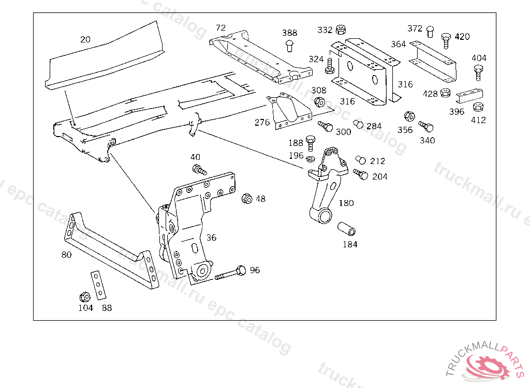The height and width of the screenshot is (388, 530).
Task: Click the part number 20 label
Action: pos(85,39)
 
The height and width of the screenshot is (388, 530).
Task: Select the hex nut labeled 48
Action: pos(247,198)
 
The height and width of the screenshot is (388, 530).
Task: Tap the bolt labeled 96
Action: pos(230,273)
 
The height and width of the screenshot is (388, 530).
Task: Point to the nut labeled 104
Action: pos(85,297)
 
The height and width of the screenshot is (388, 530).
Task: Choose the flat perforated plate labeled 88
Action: pos(98,285)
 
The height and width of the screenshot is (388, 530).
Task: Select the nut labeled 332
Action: pos(341,29)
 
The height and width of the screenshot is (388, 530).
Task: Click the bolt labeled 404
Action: pos(479,72)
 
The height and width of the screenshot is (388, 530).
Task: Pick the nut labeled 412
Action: pos(479,108)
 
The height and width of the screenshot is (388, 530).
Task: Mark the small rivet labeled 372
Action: pos(430,31)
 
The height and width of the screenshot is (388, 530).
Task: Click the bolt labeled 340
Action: pos(426,126)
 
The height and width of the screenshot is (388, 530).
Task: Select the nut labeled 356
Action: pos(408,116)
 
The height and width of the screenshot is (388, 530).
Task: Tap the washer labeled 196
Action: pos(311,158)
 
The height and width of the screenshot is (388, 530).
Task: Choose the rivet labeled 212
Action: pos(361,160)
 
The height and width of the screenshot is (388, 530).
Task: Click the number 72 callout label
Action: pos(221,27)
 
